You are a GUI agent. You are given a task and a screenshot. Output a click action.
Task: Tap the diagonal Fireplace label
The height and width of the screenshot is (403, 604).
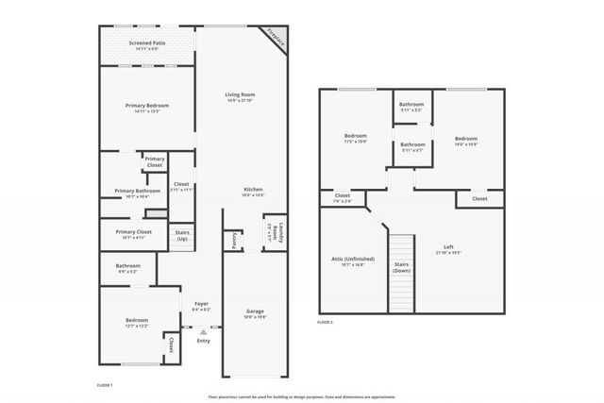[x=275, y=38]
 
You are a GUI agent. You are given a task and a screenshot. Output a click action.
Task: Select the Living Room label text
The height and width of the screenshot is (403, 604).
[x=240, y=96]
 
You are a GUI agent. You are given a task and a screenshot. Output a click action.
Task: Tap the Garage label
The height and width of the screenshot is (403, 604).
[x=254, y=312]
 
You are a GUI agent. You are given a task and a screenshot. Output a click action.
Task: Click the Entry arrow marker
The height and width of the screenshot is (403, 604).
[x=203, y=331]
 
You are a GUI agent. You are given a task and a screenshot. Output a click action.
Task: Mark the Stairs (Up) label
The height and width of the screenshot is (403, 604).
[x=182, y=236]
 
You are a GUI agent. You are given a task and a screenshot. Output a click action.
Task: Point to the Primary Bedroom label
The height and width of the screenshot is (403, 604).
[x=146, y=107]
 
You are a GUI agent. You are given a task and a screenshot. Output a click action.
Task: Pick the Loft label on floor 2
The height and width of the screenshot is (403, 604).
[x=448, y=249]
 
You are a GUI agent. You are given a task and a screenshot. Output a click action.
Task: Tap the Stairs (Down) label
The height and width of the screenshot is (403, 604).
[x=402, y=267]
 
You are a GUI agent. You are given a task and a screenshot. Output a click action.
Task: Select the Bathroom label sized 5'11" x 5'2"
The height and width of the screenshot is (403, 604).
[x=411, y=106]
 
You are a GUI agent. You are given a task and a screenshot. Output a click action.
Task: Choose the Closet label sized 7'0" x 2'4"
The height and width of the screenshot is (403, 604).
[x=342, y=198]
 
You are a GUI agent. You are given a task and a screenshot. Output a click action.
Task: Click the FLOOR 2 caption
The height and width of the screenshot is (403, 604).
[x=326, y=323]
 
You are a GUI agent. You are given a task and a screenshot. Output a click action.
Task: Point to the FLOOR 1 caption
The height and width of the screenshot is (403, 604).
[x=105, y=386]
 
